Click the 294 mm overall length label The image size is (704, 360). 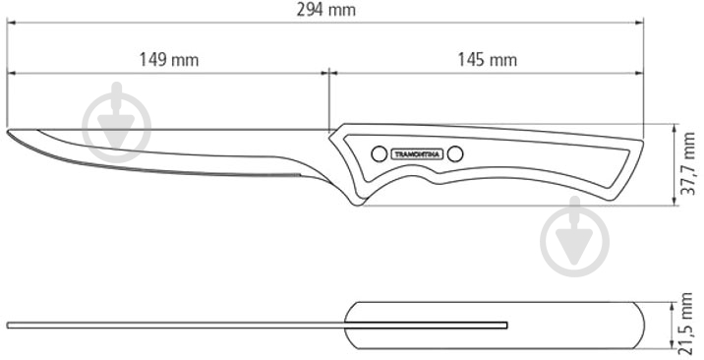pyautogui.click(x=326, y=10)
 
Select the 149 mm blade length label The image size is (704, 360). pyautogui.click(x=169, y=60)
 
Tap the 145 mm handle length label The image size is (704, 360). pyautogui.click(x=487, y=60)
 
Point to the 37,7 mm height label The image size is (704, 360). pyautogui.click(x=689, y=164)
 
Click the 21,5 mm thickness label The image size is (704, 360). pyautogui.click(x=687, y=323)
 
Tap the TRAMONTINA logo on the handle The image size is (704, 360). pyautogui.click(x=418, y=154)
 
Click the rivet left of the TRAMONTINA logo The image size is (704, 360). pyautogui.click(x=380, y=154)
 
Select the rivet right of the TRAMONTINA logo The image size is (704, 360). pyautogui.click(x=455, y=154)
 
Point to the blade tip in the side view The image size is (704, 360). pyautogui.click(x=8, y=132)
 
